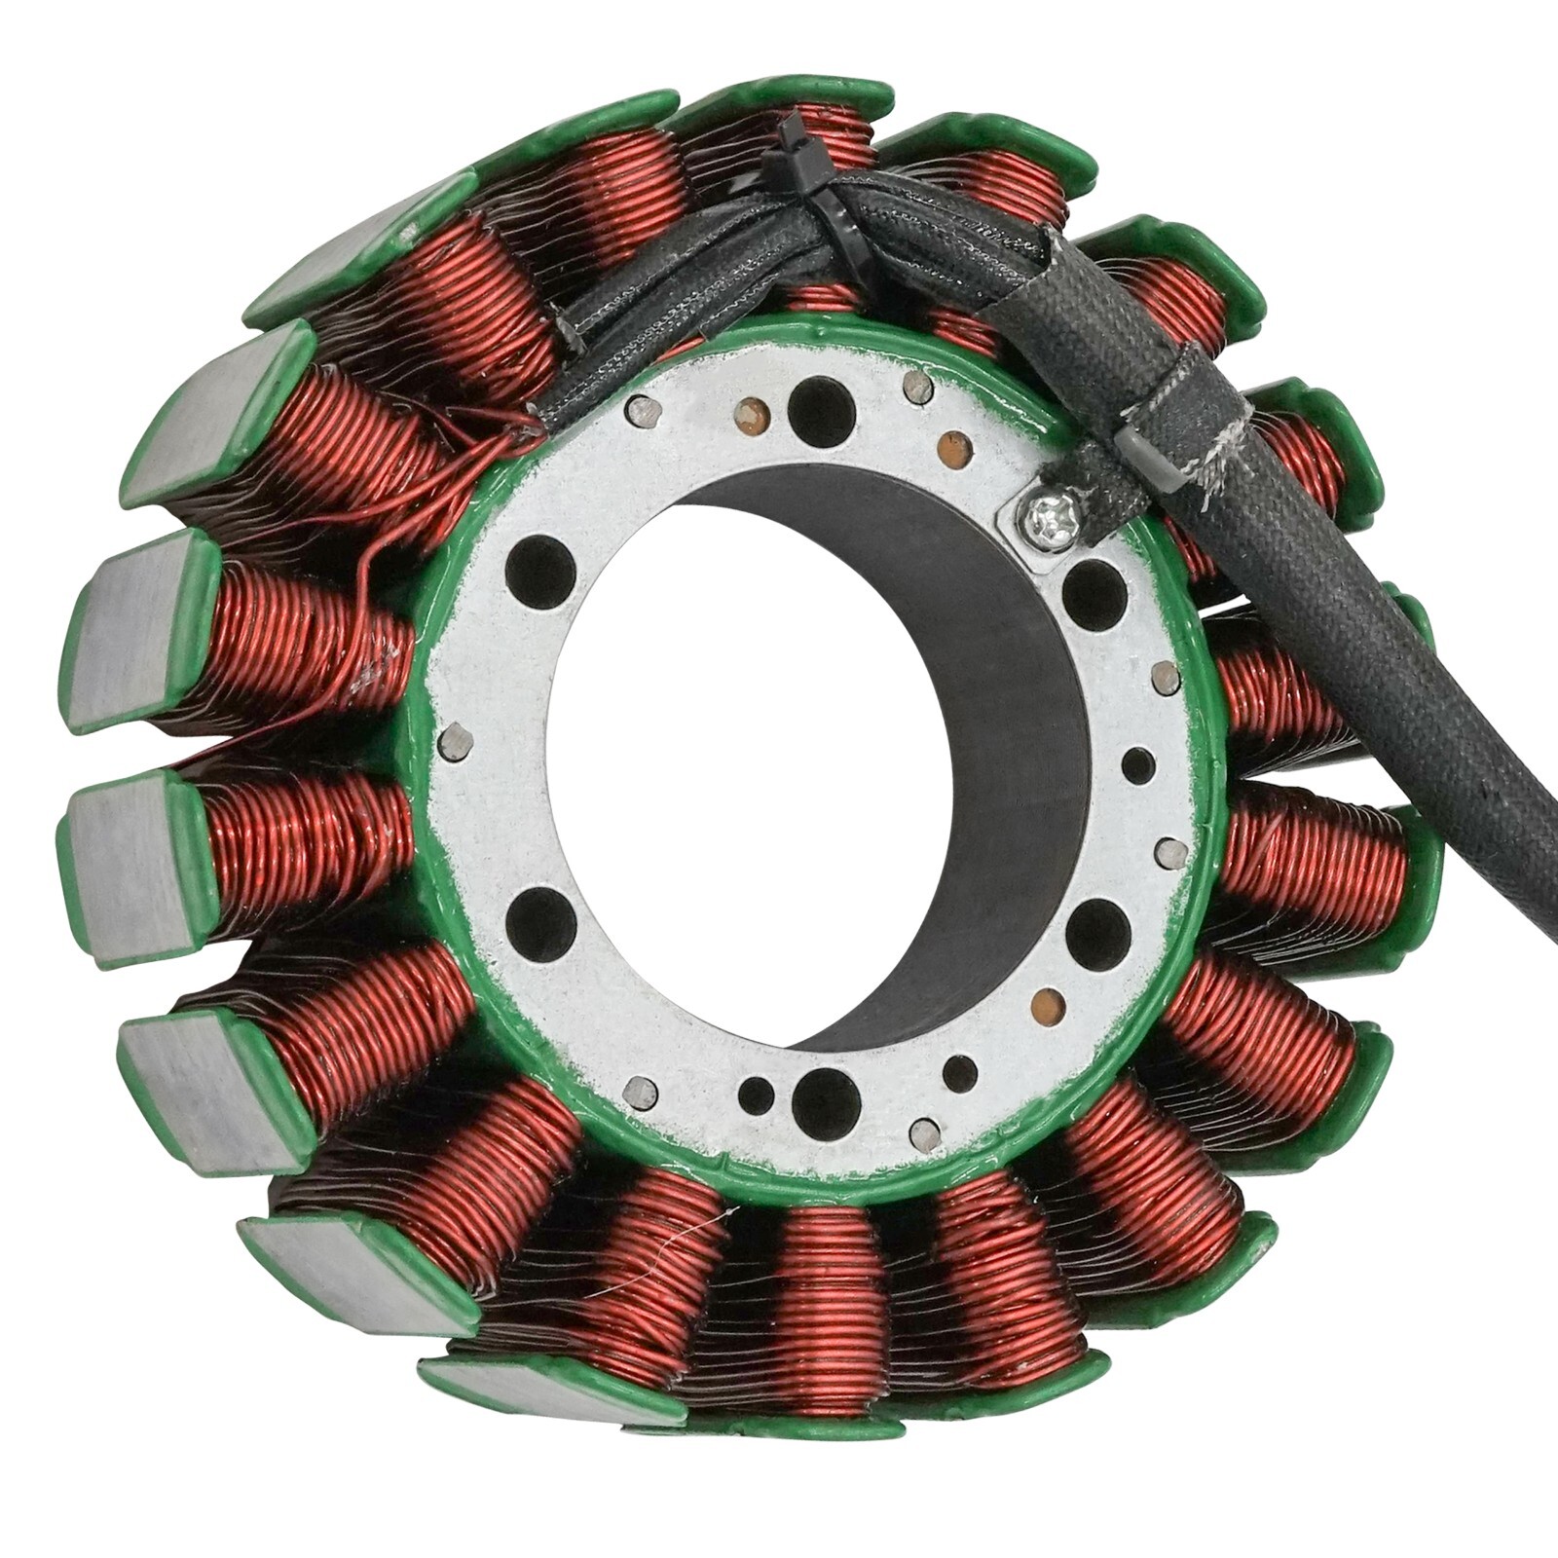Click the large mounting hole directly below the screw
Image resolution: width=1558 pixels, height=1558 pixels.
[1093, 590]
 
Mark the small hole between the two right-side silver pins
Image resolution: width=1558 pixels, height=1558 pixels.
[1136, 761]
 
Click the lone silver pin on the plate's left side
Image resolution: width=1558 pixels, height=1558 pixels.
[456, 745]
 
